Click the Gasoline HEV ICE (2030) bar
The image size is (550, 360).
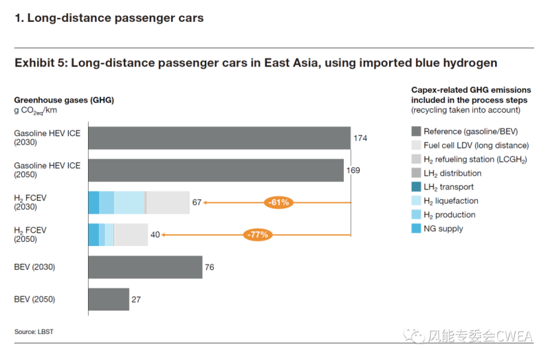pos(219,138)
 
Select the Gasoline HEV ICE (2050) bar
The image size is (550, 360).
pos(215,170)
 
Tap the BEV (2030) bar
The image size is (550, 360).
pos(145,267)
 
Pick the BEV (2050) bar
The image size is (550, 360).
pos(109,300)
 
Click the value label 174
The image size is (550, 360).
pos(360,138)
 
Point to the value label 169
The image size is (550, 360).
pos(353,170)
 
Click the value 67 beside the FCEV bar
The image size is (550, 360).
pos(197,203)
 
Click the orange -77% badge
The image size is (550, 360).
pos(258,235)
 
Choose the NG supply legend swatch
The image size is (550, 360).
pos(416,229)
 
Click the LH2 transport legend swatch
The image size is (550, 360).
pos(416,187)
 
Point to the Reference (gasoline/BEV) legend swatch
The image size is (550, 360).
pos(416,131)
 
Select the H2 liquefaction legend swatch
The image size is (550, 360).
pos(416,201)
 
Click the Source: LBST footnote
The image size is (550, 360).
pos(34,332)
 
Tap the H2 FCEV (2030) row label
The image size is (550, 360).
pos(30,203)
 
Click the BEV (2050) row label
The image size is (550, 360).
pos(34,300)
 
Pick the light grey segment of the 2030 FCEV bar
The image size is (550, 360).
pos(168,203)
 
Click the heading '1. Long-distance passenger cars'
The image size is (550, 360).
pos(109,19)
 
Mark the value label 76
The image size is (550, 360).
pos(210,267)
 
